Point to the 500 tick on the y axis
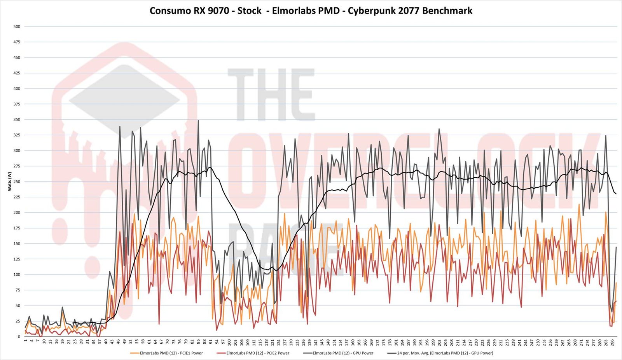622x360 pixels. (x=17, y=26)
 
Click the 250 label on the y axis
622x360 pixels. (x=17, y=182)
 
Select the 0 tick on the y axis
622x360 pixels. (x=19, y=337)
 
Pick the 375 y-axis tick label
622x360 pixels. (x=17, y=104)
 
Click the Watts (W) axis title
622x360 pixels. (x=9, y=182)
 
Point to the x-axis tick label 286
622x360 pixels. (x=612, y=343)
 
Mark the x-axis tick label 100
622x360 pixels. (x=229, y=343)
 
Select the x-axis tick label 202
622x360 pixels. (x=439, y=343)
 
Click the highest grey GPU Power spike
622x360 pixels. (x=198, y=121)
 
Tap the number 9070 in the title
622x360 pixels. (x=218, y=10)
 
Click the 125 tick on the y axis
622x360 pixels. (x=17, y=259)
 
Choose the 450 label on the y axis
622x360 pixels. (x=17, y=58)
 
